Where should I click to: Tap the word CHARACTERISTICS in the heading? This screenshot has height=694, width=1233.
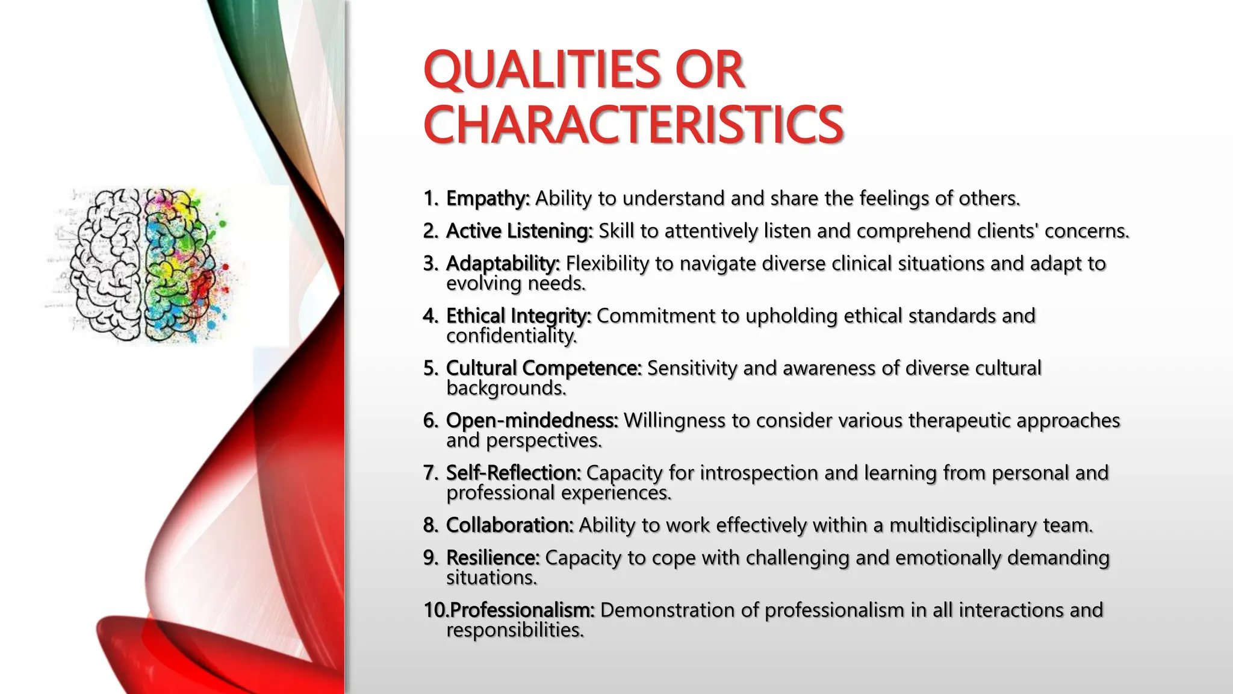click(x=633, y=125)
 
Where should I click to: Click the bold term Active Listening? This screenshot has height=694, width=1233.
click(x=519, y=231)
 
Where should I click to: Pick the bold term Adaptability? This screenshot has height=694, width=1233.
click(x=503, y=263)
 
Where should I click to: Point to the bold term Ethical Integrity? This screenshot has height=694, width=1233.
click(x=518, y=316)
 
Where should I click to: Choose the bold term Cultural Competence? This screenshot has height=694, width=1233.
click(x=544, y=368)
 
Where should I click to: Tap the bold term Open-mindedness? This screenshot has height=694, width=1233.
click(x=532, y=420)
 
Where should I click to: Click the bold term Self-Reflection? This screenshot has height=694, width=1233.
click(x=513, y=473)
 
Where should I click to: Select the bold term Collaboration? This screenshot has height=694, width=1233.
click(x=509, y=525)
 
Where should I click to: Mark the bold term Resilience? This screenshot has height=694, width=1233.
click(x=492, y=558)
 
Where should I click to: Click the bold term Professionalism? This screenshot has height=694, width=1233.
click(x=522, y=610)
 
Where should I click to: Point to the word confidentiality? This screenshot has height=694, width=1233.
click(x=511, y=336)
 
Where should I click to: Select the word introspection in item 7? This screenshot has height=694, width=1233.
click(x=759, y=473)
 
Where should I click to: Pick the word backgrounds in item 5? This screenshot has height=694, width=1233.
click(x=506, y=389)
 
